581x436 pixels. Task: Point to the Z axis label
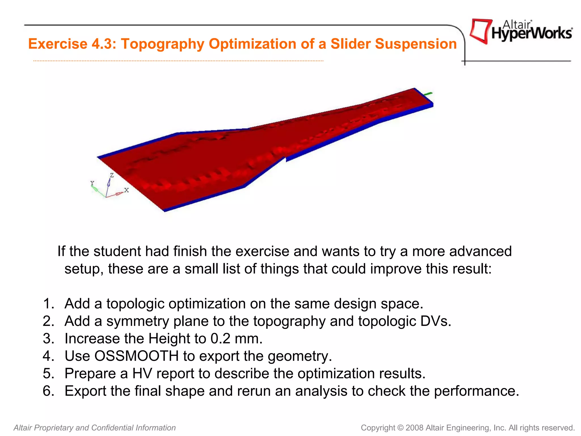112,175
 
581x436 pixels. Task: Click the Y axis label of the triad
92,183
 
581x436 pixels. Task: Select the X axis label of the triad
127,190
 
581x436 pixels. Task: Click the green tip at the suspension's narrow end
428,94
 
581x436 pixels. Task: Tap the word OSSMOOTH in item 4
136,356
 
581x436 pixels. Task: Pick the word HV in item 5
142,374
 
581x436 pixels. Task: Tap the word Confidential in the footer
112,428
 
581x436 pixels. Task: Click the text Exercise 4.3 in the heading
72,44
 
